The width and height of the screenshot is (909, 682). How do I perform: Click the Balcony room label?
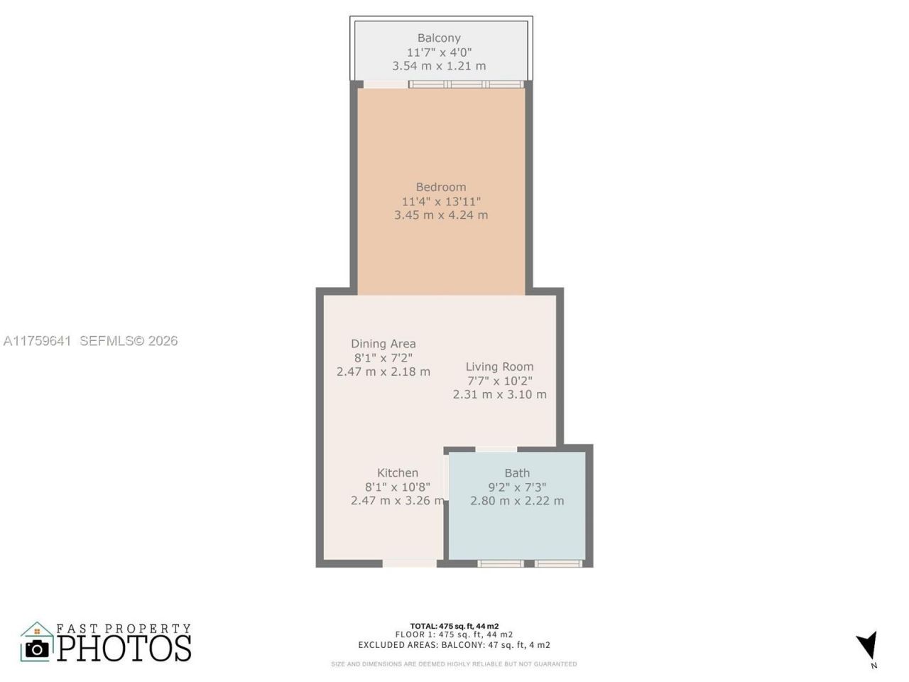pyautogui.click(x=439, y=38)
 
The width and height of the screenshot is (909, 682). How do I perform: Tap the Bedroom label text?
pyautogui.click(x=441, y=187)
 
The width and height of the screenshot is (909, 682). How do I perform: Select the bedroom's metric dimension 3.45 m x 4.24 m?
pyautogui.click(x=441, y=215)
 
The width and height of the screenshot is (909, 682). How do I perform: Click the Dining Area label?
pyautogui.click(x=383, y=344)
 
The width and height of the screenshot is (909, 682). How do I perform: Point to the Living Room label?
pyautogui.click(x=499, y=367)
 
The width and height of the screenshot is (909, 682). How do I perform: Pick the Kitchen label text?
pyautogui.click(x=397, y=472)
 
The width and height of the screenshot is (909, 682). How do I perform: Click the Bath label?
pyautogui.click(x=517, y=472)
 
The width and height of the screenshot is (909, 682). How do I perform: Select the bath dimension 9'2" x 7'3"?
pyautogui.click(x=517, y=487)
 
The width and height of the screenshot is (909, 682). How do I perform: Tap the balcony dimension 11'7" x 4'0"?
pyautogui.click(x=439, y=52)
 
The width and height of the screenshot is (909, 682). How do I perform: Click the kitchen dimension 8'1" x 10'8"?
pyautogui.click(x=397, y=487)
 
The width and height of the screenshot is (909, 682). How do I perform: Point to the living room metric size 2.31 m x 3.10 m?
pyautogui.click(x=499, y=394)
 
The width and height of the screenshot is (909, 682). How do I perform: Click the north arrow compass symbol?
pyautogui.click(x=867, y=645)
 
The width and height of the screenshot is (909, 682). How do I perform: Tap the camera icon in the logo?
pyautogui.click(x=37, y=647)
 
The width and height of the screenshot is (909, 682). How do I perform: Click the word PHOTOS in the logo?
pyautogui.click(x=124, y=648)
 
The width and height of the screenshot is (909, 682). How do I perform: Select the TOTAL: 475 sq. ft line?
pyautogui.click(x=454, y=626)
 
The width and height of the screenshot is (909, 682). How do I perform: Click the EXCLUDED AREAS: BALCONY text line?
pyautogui.click(x=454, y=645)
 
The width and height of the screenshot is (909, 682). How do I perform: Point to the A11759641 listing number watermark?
pyautogui.click(x=37, y=341)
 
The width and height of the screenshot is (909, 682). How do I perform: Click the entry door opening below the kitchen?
pyautogui.click(x=410, y=563)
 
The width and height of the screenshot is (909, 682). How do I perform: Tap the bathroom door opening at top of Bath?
pyautogui.click(x=496, y=449)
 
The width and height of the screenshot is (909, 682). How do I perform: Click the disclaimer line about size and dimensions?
pyautogui.click(x=454, y=664)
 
